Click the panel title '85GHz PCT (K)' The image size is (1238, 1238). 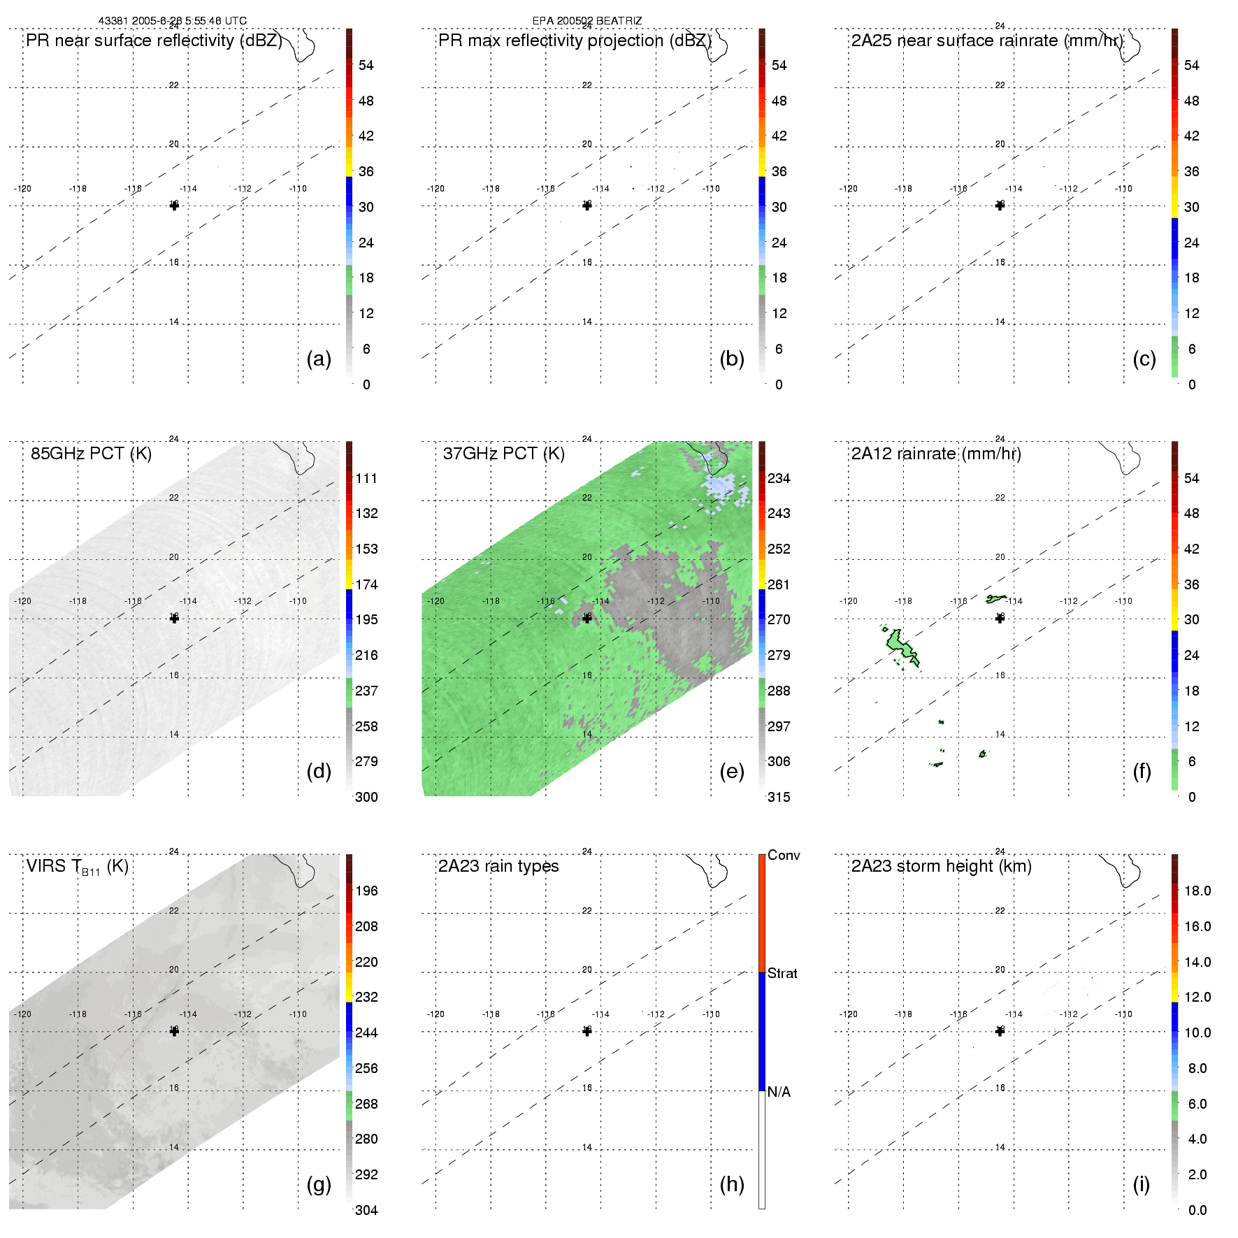(91, 454)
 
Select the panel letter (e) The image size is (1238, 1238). (731, 771)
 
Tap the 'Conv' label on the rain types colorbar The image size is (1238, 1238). (783, 856)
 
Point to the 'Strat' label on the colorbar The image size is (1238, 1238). (782, 974)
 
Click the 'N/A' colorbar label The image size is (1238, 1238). (779, 1092)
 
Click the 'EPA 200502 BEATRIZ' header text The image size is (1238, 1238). (586, 21)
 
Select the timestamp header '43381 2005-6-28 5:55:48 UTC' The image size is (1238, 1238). (173, 21)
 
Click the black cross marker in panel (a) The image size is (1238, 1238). (174, 206)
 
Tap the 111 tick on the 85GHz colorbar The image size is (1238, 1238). (366, 479)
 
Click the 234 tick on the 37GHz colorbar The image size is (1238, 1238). (779, 479)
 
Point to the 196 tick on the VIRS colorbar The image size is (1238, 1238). (366, 891)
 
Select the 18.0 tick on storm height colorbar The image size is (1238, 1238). (1197, 891)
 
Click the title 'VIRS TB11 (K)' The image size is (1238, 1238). (77, 867)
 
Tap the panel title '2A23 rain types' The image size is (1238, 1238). (498, 867)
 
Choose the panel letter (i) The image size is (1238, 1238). (1141, 1184)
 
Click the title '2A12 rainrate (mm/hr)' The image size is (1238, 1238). (936, 454)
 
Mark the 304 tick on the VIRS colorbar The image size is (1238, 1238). (366, 1210)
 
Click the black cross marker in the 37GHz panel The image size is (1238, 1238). (587, 618)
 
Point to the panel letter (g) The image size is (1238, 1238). (319, 1184)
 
